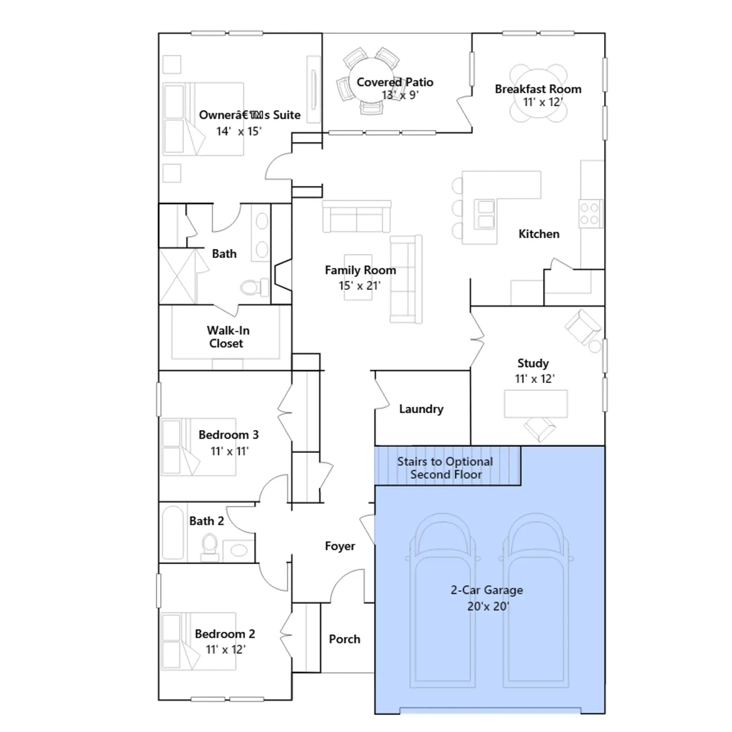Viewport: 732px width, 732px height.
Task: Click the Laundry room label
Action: (421, 409)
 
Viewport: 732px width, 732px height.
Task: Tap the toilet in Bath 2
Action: (210, 547)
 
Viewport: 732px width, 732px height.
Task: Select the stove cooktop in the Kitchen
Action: (591, 214)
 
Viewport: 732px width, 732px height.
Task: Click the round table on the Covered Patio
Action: (372, 81)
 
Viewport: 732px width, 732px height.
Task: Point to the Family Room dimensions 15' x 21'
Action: (359, 286)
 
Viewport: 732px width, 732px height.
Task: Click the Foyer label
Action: (340, 546)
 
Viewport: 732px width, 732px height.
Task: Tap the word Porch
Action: (344, 639)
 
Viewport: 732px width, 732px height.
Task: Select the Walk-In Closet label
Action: (227, 337)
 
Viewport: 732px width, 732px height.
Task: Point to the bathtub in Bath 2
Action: (173, 533)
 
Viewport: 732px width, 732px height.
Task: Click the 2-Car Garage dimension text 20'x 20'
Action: (488, 606)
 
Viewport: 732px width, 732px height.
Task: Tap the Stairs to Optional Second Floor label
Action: (445, 468)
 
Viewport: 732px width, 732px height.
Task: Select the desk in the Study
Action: (536, 404)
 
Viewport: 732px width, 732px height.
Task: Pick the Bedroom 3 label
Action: (228, 435)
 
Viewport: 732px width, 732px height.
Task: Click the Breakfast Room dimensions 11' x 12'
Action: (543, 102)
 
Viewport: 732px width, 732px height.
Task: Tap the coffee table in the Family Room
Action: (358, 277)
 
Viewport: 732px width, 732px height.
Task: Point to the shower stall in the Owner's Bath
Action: (178, 276)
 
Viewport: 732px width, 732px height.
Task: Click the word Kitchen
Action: (539, 234)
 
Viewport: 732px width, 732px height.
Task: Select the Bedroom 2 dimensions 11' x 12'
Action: (225, 650)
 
